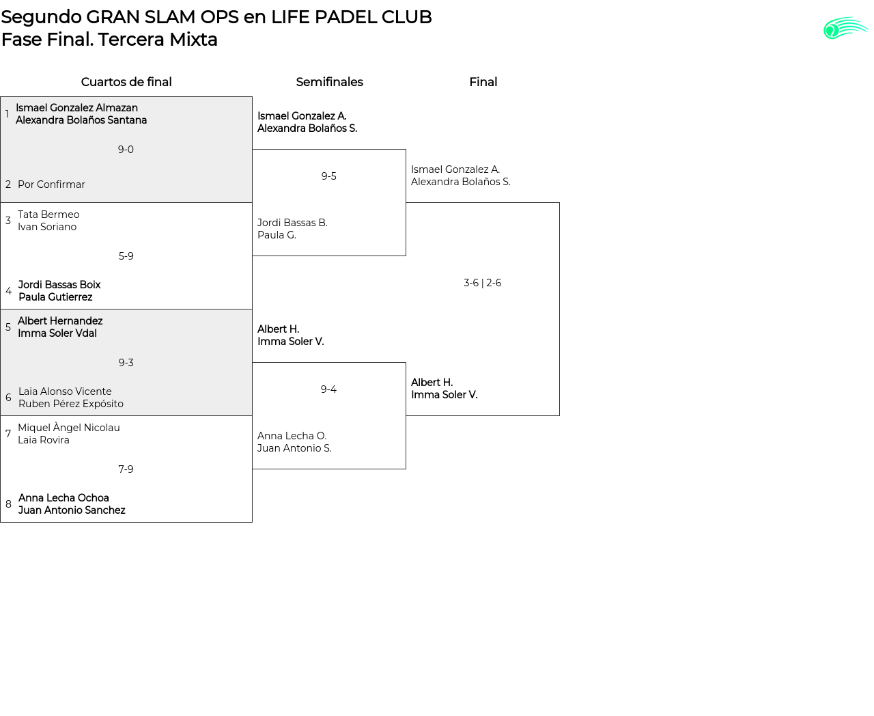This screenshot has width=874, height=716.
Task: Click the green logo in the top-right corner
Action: pyautogui.click(x=845, y=28)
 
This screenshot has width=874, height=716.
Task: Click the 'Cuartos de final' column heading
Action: pyautogui.click(x=126, y=82)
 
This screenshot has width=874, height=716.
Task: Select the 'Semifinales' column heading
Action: pyautogui.click(x=329, y=82)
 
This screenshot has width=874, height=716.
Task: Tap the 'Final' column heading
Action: pyautogui.click(x=483, y=82)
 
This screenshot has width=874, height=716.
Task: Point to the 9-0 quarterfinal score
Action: pyautogui.click(x=126, y=150)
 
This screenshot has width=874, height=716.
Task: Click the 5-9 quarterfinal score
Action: pyautogui.click(x=126, y=256)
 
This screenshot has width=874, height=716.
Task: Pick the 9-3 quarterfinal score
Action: pyautogui.click(x=126, y=363)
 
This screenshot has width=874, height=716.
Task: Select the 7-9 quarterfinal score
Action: pyautogui.click(x=126, y=469)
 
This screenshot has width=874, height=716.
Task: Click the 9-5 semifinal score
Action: pyautogui.click(x=329, y=176)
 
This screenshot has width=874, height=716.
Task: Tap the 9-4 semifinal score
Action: pyautogui.click(x=328, y=389)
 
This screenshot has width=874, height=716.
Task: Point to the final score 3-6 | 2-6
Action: pyautogui.click(x=483, y=283)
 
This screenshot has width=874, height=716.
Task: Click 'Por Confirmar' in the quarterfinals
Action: pyautogui.click(x=51, y=184)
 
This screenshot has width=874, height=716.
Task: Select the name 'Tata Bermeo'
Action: pyautogui.click(x=48, y=215)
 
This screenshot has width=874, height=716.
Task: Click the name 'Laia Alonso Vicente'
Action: pyautogui.click(x=65, y=391)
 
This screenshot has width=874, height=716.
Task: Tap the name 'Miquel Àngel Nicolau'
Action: pyautogui.click(x=69, y=428)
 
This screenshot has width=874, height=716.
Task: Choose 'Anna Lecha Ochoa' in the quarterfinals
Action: pyautogui.click(x=64, y=498)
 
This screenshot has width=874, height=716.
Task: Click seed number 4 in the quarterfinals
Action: pyautogui.click(x=8, y=291)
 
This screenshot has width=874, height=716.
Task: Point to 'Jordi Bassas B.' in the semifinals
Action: pyautogui.click(x=292, y=223)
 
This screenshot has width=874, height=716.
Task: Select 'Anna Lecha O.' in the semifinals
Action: pyautogui.click(x=292, y=436)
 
